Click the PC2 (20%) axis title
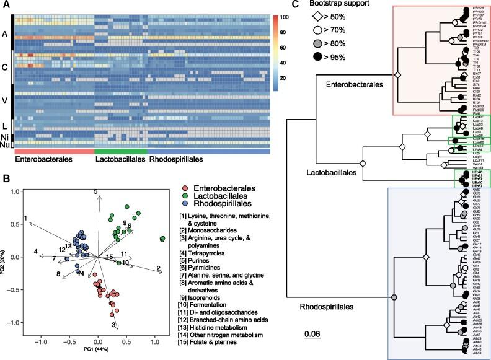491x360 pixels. coord(4,261)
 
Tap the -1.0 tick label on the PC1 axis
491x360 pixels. coord(42,342)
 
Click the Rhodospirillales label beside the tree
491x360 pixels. coord(322,305)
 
